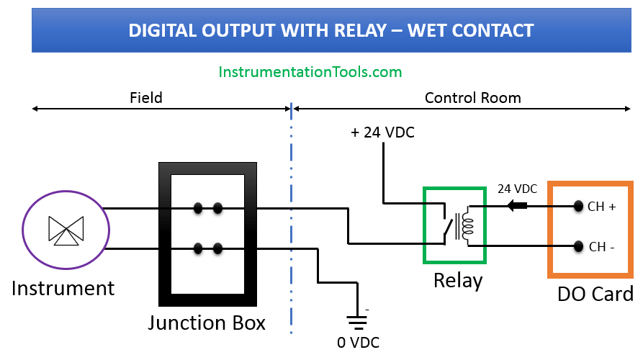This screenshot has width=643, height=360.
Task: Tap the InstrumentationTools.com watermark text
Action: [x=310, y=72]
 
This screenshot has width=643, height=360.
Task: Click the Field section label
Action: [x=146, y=97]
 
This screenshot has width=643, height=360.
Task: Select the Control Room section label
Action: [x=472, y=97]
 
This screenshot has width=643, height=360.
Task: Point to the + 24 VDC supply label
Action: [x=382, y=133]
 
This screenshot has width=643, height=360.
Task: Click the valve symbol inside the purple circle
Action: [x=66, y=229]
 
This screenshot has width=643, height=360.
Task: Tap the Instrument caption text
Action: [x=63, y=289]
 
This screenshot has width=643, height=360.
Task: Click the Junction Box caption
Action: [x=207, y=323]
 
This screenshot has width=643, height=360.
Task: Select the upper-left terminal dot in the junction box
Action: [x=197, y=209]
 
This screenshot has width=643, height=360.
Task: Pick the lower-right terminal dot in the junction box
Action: [x=217, y=249]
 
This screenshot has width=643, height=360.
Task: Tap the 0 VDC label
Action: [x=358, y=342]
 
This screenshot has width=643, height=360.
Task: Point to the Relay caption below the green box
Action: [x=458, y=280]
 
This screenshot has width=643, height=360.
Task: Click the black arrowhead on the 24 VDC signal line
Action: [x=516, y=206]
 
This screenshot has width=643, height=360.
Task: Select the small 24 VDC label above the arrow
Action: [x=517, y=189]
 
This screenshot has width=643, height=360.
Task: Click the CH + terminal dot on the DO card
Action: [x=577, y=207]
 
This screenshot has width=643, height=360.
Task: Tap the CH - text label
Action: [x=602, y=247]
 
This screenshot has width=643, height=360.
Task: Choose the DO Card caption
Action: [x=595, y=294]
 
